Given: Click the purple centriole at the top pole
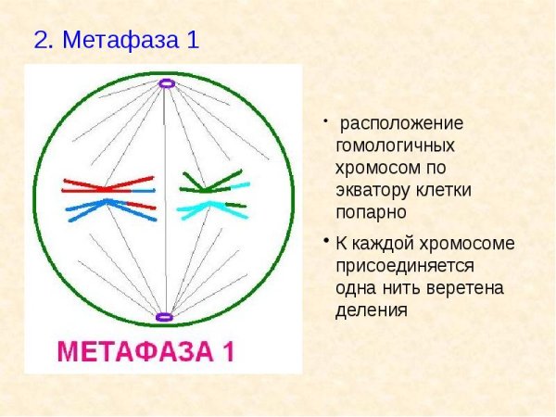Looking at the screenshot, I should click(166, 83).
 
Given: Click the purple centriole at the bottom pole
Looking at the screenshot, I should click(165, 317).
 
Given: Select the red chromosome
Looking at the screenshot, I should click(107, 184).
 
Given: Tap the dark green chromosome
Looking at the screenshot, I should click(211, 183).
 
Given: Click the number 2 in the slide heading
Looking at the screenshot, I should click(41, 41).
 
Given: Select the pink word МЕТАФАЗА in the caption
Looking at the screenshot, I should click(134, 352).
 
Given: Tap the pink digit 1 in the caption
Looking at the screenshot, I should click(227, 352).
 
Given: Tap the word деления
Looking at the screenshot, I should click(371, 310).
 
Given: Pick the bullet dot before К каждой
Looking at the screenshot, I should click(326, 241).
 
